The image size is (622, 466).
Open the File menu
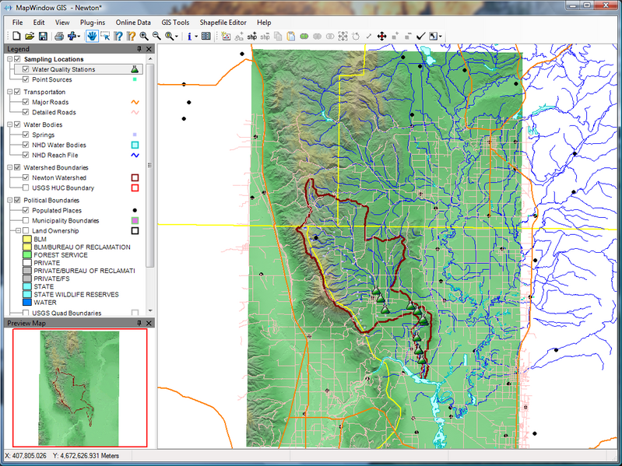click(17, 23)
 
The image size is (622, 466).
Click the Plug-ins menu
click(93, 23)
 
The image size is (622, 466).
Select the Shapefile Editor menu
click(223, 23)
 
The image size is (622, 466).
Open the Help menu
click(264, 23)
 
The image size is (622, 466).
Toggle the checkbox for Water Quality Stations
click(26, 69)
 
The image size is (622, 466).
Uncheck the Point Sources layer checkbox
click(26, 79)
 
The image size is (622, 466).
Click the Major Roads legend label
click(50, 102)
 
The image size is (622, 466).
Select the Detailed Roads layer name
click(54, 112)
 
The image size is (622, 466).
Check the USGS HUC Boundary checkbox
click(26, 187)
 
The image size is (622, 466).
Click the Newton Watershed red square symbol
click(135, 178)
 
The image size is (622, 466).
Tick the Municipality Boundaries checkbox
click(26, 221)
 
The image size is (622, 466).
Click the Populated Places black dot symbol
click(135, 211)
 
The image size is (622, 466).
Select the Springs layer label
click(43, 135)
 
